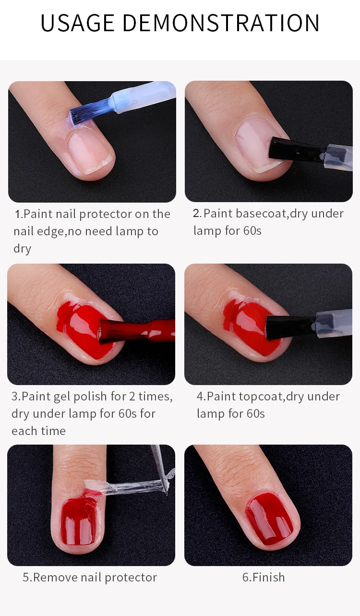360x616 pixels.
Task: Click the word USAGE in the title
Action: (77, 23)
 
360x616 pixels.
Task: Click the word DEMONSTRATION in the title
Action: (221, 23)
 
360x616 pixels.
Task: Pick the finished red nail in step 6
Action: (269, 517)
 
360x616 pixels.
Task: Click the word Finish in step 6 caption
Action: (268, 578)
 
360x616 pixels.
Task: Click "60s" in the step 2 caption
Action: (252, 230)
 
